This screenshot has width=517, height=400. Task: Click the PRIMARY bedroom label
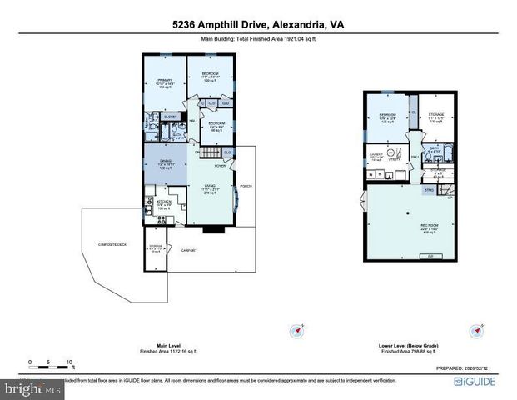[163, 81]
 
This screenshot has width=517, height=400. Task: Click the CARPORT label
[190, 248]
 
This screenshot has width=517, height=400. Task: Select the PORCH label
[245, 185]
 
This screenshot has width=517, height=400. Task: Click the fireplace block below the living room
[211, 227]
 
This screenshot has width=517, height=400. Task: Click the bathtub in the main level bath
[164, 133]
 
